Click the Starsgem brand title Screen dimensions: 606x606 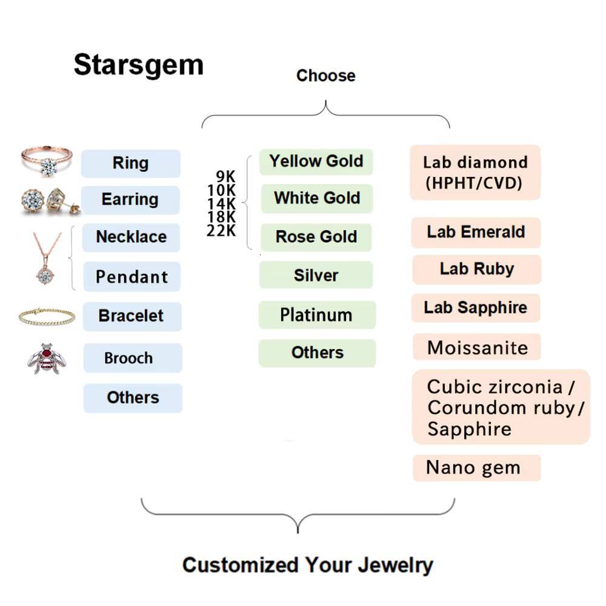pyautogui.click(x=138, y=65)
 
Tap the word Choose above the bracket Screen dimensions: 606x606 pyautogui.click(x=325, y=76)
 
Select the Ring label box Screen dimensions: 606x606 pyautogui.click(x=131, y=163)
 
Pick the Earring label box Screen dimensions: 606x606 pyautogui.click(x=130, y=199)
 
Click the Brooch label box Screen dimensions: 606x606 pyautogui.click(x=132, y=358)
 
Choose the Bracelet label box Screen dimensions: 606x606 pyautogui.click(x=132, y=316)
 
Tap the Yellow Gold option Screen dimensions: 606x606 pyautogui.click(x=316, y=162)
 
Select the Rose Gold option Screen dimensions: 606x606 pyautogui.click(x=316, y=237)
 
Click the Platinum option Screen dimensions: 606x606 pyautogui.click(x=316, y=315)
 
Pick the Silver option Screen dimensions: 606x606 pyautogui.click(x=316, y=275)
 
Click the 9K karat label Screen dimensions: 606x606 pyautogui.click(x=225, y=176)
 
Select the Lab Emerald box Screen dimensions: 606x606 pyautogui.click(x=476, y=232)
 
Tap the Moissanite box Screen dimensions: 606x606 pyautogui.click(x=477, y=348)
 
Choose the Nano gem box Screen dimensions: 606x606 pyautogui.click(x=476, y=468)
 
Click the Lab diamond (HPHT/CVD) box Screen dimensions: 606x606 pyautogui.click(x=475, y=172)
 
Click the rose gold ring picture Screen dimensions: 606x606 pyautogui.click(x=47, y=159)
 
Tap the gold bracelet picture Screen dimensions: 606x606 pyautogui.click(x=47, y=315)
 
